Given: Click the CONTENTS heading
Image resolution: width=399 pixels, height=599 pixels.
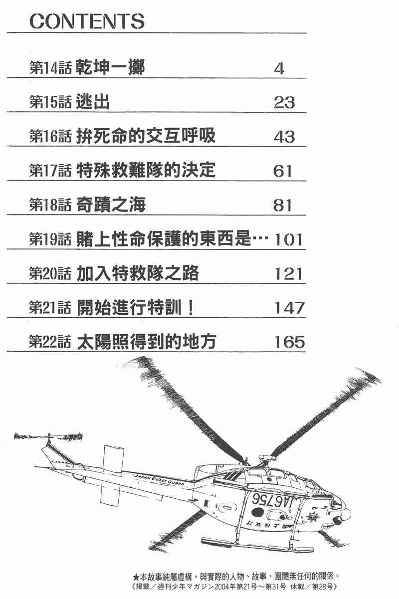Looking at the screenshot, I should click(x=88, y=21).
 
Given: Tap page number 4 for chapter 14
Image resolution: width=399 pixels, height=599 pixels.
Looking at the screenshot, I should click(x=279, y=68).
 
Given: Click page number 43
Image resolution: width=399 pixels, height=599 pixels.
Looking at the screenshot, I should click(x=284, y=137).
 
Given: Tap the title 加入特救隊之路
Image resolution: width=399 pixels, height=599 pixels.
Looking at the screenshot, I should click(x=138, y=273).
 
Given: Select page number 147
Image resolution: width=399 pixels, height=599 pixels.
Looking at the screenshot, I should click(x=289, y=308).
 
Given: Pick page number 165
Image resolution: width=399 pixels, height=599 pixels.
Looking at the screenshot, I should click(x=289, y=342).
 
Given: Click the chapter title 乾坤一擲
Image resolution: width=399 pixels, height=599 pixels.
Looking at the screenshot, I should click(x=111, y=68).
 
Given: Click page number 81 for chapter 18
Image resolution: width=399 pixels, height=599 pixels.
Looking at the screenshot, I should click(x=283, y=205).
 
